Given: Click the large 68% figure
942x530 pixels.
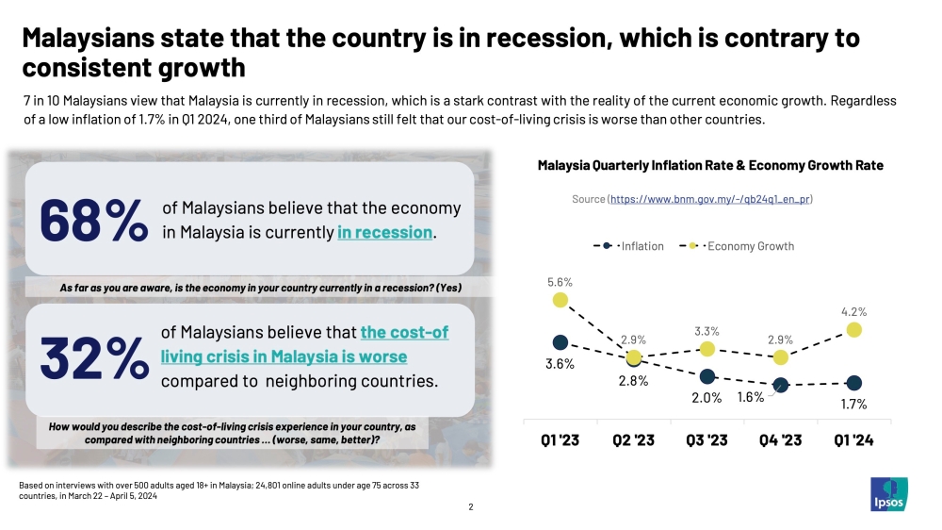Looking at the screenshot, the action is click(x=93, y=220).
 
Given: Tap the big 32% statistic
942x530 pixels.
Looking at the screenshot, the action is click(x=94, y=358).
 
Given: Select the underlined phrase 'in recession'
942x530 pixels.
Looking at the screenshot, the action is click(x=384, y=232).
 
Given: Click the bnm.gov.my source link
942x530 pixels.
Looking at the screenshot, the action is click(x=710, y=199).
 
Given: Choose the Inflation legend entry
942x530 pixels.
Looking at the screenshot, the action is click(x=628, y=246).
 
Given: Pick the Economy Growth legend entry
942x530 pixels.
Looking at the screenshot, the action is click(x=737, y=246).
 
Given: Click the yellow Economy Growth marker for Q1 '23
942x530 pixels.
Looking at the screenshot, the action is click(x=560, y=300).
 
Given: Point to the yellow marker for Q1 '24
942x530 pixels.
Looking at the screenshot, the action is click(x=853, y=330).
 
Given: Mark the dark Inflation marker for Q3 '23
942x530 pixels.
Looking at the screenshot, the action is click(x=707, y=376).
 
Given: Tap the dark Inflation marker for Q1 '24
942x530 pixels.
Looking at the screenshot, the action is click(x=853, y=383).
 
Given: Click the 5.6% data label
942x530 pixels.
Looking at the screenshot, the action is click(x=560, y=282).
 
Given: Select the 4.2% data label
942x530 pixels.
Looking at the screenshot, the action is click(x=853, y=312).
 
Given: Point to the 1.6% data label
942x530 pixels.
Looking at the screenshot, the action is click(x=751, y=397).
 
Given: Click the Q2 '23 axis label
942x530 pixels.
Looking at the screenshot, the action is click(x=633, y=440).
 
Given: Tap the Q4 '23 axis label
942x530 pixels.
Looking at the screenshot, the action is click(x=780, y=440).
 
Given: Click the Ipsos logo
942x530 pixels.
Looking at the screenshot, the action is click(x=889, y=494).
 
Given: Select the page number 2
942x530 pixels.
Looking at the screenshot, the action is click(x=471, y=507).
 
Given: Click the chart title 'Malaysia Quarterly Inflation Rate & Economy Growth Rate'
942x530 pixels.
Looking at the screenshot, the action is click(x=710, y=165).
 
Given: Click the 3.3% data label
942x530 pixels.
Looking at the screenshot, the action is click(x=706, y=331).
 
